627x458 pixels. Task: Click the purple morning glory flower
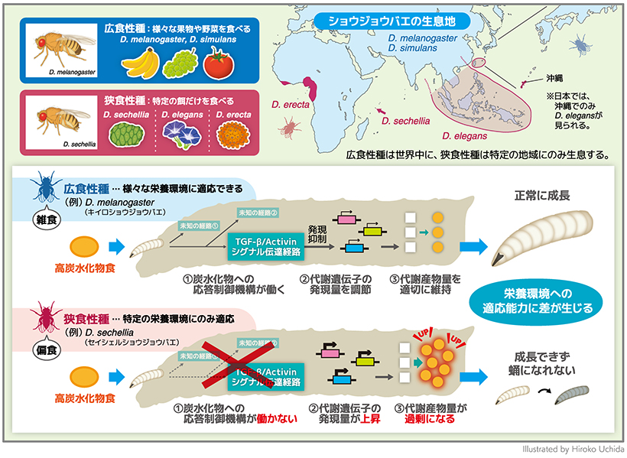click(178, 135)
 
